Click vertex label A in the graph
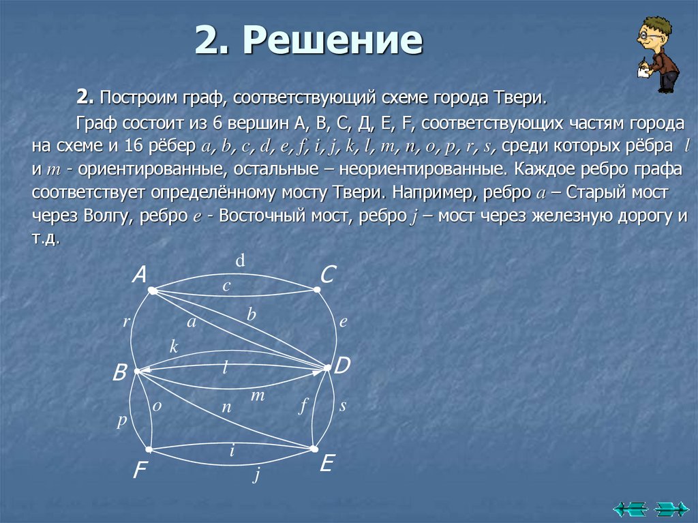click(x=140, y=275)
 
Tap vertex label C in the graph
click(x=328, y=275)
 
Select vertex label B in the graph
click(x=120, y=373)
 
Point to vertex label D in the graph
click(x=342, y=366)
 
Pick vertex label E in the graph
click(x=327, y=464)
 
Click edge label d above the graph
click(x=241, y=260)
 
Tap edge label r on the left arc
click(x=126, y=323)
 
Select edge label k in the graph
click(x=174, y=346)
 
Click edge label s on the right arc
click(x=343, y=406)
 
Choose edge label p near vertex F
click(x=121, y=421)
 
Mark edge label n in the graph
click(x=227, y=407)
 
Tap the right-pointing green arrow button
click(x=671, y=508)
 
